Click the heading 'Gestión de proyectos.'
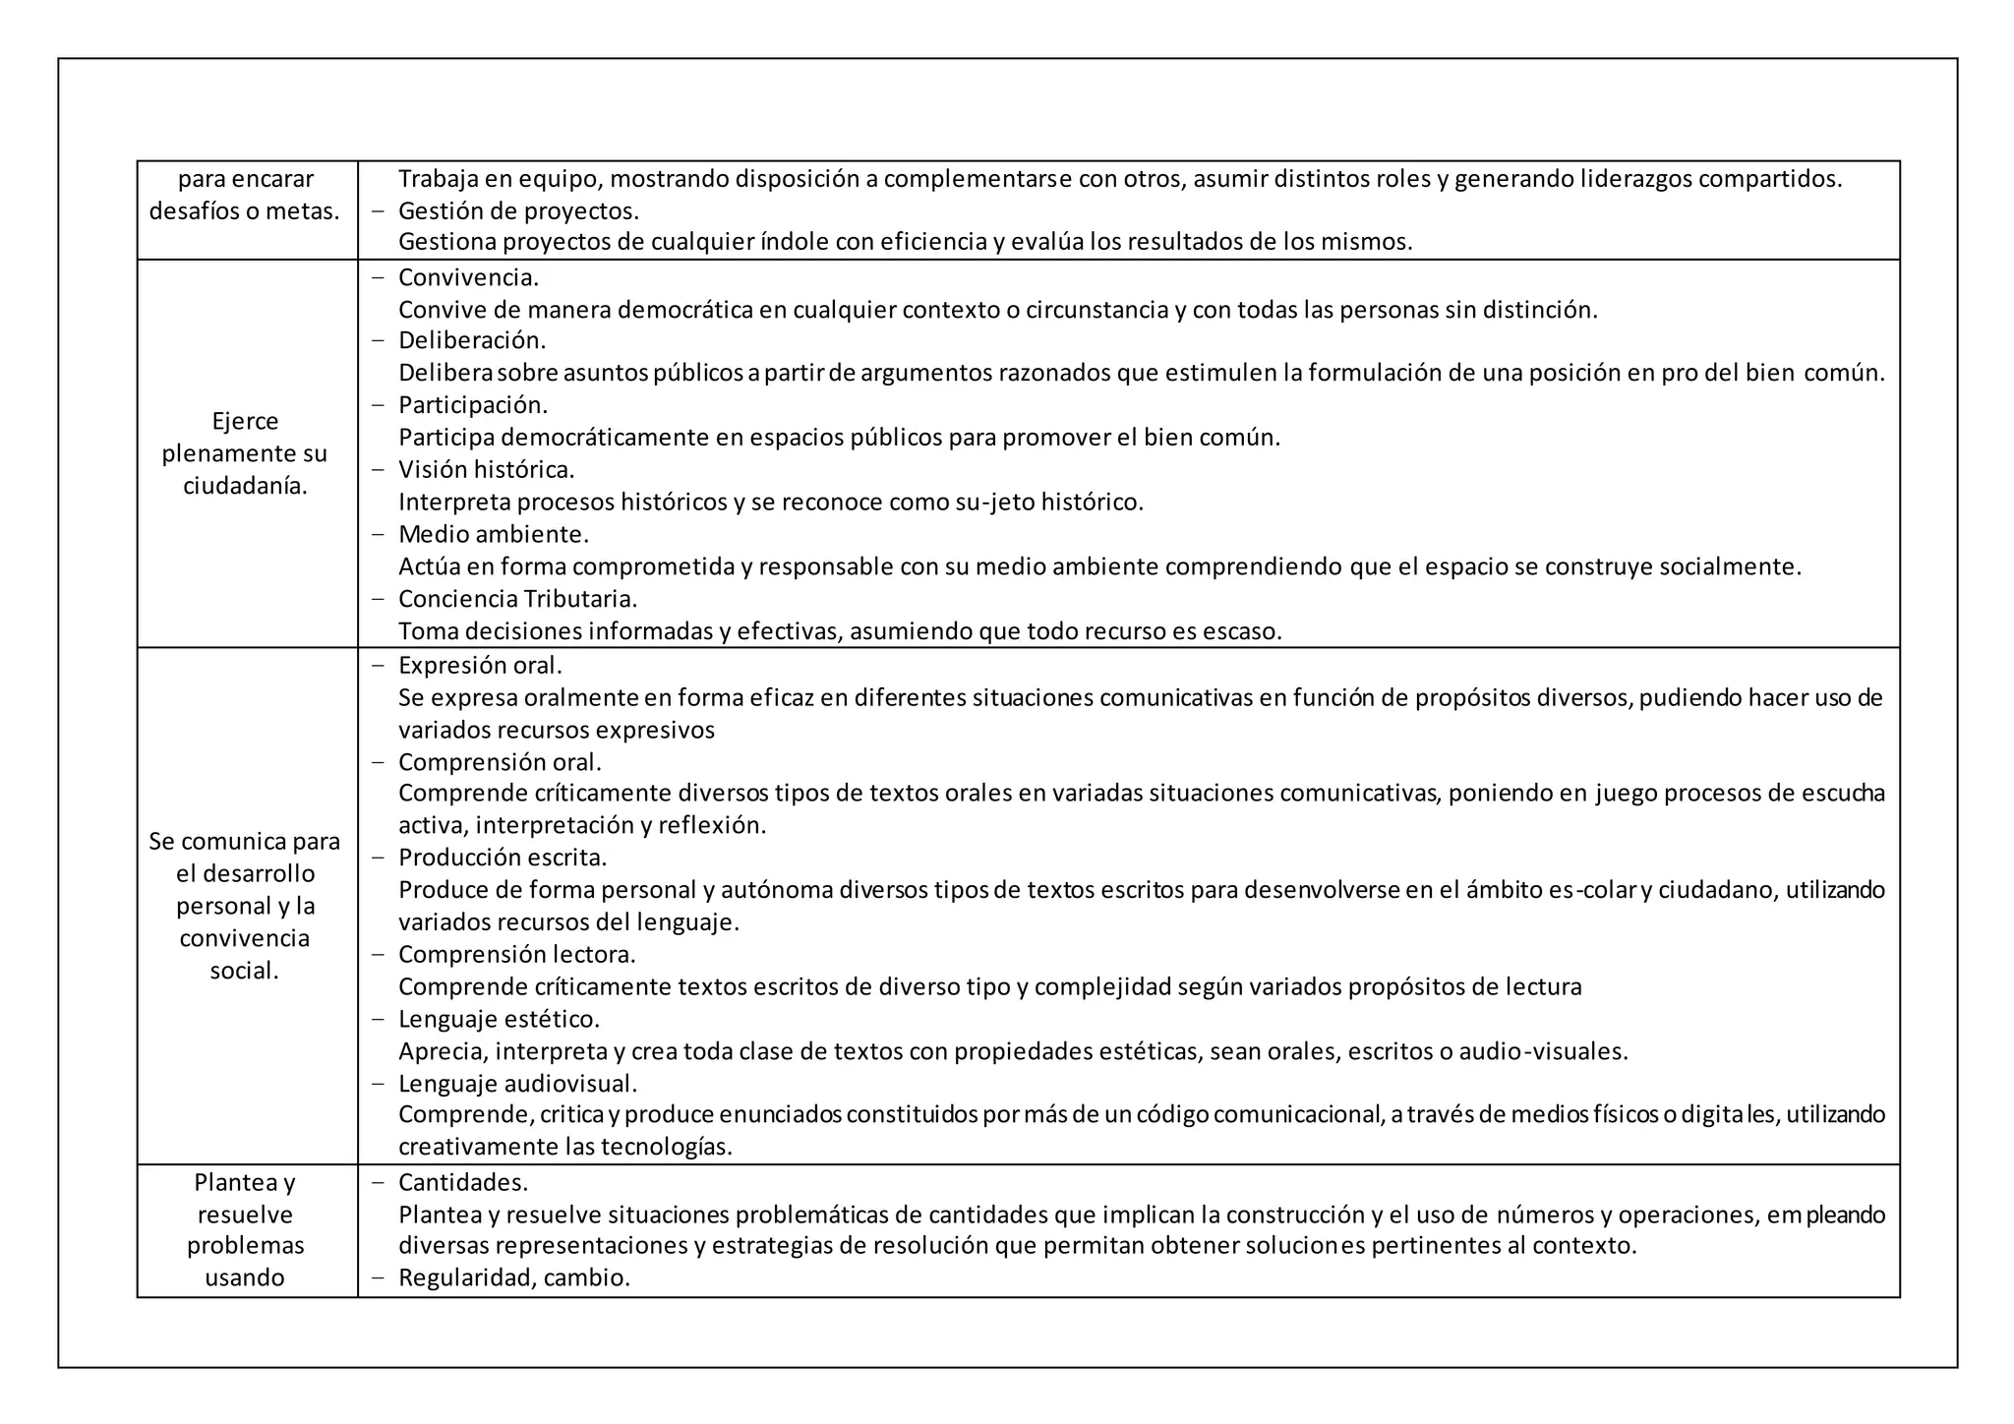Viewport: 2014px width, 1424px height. click(x=518, y=210)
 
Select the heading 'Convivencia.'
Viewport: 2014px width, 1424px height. click(x=468, y=277)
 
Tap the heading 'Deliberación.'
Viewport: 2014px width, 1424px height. click(x=472, y=340)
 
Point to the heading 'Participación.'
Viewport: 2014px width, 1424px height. click(x=473, y=404)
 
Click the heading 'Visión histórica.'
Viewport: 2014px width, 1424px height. click(x=486, y=469)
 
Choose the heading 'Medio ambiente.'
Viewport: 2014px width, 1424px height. click(x=494, y=534)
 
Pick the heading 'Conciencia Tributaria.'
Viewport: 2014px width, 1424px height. click(x=517, y=598)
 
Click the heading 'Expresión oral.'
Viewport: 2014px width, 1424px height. click(x=480, y=665)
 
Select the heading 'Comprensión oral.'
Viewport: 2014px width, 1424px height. click(x=500, y=761)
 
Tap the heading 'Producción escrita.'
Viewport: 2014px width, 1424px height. click(x=503, y=857)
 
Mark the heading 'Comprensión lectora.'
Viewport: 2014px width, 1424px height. click(x=517, y=954)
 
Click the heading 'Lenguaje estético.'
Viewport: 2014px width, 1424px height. click(x=499, y=1018)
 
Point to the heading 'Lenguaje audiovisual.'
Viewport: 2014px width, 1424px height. click(x=518, y=1083)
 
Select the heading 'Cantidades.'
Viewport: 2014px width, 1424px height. click(x=463, y=1181)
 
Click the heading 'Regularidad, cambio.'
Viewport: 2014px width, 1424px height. click(x=514, y=1277)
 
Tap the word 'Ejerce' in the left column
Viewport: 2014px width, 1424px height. click(x=245, y=421)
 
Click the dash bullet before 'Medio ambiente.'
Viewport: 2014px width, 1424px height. click(x=378, y=534)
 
